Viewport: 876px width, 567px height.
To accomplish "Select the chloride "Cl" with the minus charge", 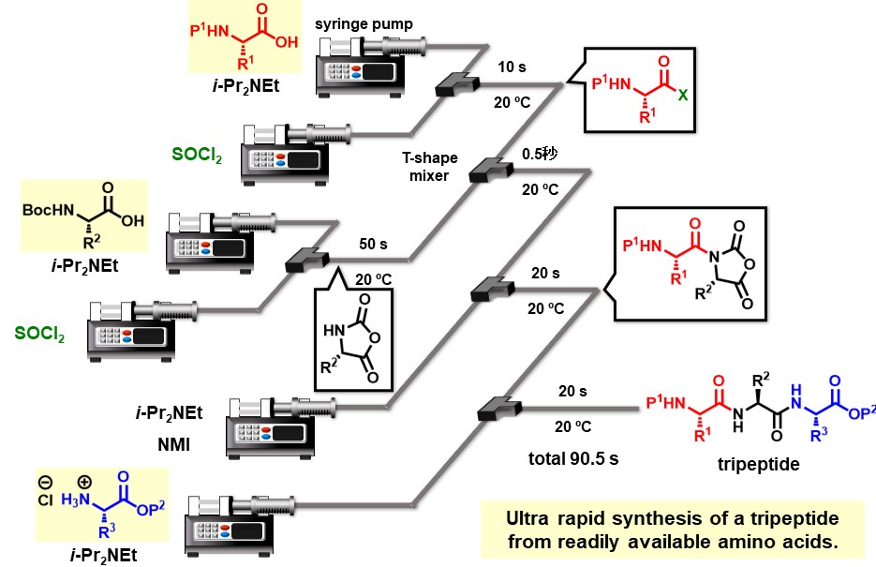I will click(48, 498).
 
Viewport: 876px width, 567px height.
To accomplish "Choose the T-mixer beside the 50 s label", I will click(305, 259).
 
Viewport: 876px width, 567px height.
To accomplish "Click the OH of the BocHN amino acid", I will click(132, 222).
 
